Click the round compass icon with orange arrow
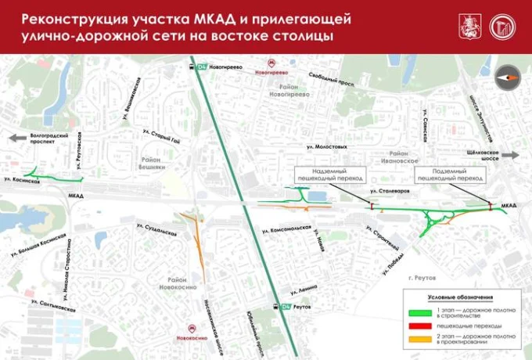(x=507, y=77)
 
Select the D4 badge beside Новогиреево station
(x=201, y=67)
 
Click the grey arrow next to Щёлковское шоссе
(x=509, y=155)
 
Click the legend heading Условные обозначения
(x=460, y=298)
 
